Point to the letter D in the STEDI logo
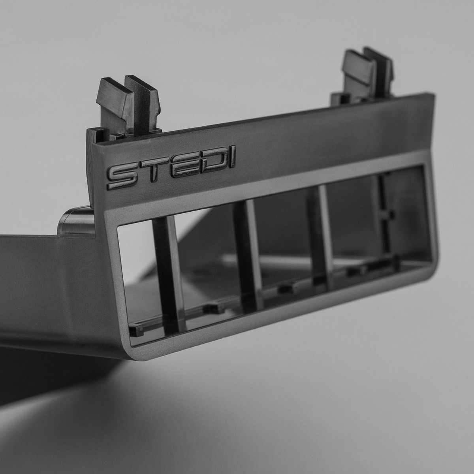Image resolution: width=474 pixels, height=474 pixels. [209, 161]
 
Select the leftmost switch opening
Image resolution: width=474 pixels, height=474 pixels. [138, 273]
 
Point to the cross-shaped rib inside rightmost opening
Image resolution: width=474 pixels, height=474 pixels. [385, 213]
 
